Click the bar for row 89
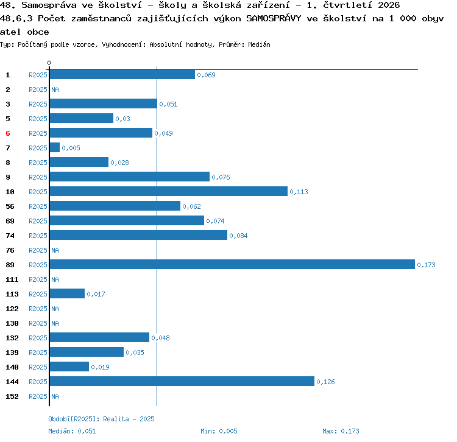click(x=232, y=264)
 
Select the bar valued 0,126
click(x=182, y=381)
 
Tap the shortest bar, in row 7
click(x=55, y=147)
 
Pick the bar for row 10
click(x=169, y=191)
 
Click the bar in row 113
click(x=67, y=293)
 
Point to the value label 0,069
click(x=206, y=75)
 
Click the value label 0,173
click(x=426, y=265)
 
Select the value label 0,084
click(x=238, y=236)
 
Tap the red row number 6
click(x=8, y=133)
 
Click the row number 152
click(x=12, y=396)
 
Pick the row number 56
click(x=10, y=206)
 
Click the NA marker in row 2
click(x=55, y=89)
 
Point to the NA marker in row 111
click(x=55, y=279)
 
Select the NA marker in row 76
click(x=55, y=250)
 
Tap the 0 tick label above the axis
click(x=49, y=63)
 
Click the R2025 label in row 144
click(x=38, y=382)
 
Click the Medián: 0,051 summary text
click(x=72, y=431)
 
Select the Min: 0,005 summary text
click(x=219, y=431)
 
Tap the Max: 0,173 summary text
click(x=341, y=431)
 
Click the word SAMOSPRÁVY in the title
click(x=274, y=18)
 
